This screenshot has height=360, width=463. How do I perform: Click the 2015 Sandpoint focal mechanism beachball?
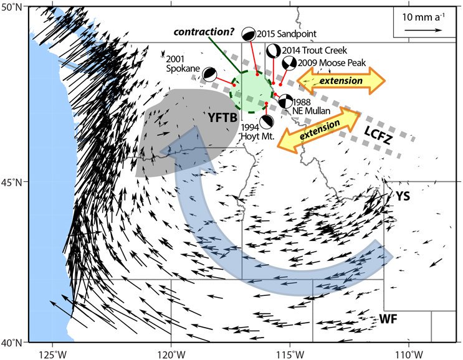[x=249, y=34]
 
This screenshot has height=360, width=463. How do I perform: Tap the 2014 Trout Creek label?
[x=315, y=50]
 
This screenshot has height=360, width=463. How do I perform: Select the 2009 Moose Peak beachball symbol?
[x=289, y=63]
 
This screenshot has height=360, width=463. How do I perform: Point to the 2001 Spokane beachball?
[x=209, y=74]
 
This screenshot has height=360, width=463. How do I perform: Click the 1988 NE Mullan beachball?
[x=285, y=102]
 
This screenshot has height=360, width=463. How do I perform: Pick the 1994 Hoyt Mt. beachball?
[x=267, y=121]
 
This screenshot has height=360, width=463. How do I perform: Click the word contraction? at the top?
[x=204, y=32]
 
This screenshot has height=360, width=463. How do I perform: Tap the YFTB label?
[x=222, y=118]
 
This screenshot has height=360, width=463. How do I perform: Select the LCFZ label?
[x=378, y=135]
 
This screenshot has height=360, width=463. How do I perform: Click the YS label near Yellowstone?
[x=403, y=196]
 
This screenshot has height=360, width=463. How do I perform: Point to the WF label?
[x=388, y=318]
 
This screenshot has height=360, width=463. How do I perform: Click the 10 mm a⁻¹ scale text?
[x=424, y=17]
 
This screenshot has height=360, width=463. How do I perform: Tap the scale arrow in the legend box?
[x=423, y=30]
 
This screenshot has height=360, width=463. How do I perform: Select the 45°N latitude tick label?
[x=13, y=182]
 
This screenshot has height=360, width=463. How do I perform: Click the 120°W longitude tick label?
[x=171, y=353]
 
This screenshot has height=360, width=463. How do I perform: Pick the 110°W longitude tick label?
[x=409, y=353]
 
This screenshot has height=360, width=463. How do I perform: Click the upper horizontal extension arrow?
[x=341, y=80]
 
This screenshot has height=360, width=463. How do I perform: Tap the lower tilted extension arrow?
[x=319, y=130]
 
